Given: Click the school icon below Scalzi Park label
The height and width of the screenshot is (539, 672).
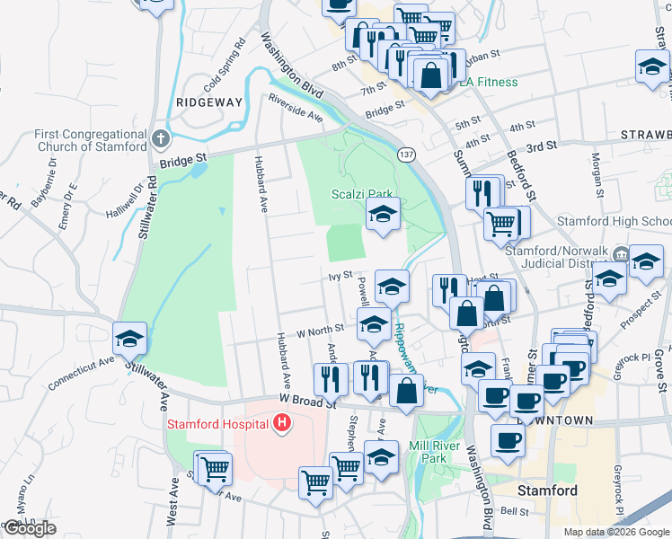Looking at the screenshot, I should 382,216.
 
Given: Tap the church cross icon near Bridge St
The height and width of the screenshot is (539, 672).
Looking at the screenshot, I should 160,139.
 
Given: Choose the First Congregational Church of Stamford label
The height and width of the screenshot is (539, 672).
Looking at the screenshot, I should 91,140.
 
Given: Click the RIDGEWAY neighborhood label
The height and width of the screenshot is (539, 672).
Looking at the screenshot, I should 209,102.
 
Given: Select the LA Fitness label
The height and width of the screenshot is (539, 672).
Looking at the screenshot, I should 489,83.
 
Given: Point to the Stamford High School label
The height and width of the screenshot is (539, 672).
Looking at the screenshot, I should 614,221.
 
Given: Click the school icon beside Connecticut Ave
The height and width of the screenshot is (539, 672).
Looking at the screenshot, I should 130,340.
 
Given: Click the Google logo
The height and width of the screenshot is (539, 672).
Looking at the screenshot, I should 30,528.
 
